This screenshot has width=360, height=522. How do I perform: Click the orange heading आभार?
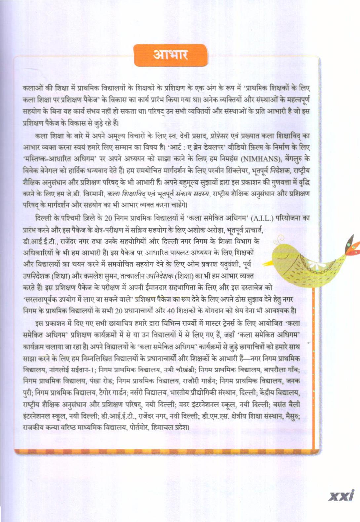coord(171,55)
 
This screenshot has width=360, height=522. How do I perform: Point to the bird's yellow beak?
coord(267,263)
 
